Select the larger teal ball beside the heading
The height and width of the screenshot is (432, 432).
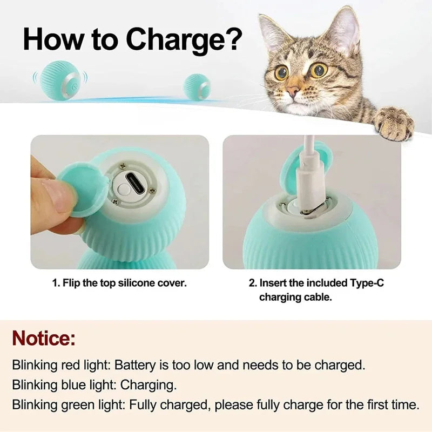60,80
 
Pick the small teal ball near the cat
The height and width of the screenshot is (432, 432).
197,86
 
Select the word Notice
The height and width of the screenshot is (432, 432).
44,339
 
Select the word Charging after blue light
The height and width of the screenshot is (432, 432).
148,385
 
